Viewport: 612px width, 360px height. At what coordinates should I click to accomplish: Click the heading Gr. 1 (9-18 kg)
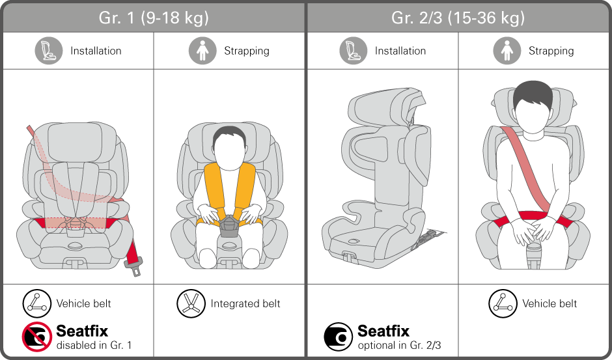click(x=154, y=18)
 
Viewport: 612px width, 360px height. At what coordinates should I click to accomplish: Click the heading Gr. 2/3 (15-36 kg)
click(x=458, y=18)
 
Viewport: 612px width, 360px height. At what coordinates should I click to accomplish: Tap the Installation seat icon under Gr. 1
click(x=49, y=51)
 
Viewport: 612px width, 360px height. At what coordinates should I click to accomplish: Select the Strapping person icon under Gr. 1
click(x=202, y=51)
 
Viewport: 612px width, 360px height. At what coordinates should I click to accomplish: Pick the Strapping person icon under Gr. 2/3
click(x=507, y=51)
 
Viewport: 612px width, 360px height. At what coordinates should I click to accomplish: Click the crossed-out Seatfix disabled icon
click(x=36, y=336)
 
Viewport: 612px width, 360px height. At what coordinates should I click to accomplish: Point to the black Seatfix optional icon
click(x=338, y=336)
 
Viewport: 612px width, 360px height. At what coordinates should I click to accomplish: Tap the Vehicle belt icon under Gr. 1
click(x=36, y=303)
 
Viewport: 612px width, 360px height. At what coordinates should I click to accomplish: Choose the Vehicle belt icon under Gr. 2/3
click(x=503, y=303)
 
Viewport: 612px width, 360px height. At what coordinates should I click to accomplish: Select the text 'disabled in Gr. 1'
click(x=94, y=345)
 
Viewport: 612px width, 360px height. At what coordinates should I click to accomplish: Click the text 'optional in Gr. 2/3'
click(x=399, y=345)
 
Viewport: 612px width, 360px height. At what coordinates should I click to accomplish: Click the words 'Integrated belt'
click(x=245, y=303)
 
